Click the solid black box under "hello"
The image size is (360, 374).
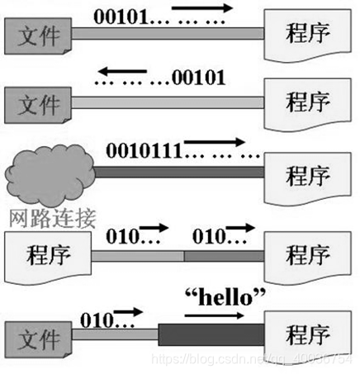pyautogui.click(x=211, y=335)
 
